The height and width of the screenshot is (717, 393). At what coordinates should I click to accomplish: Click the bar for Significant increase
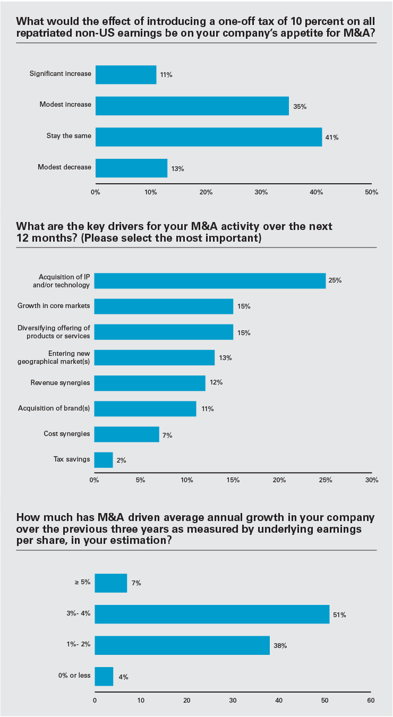click(126, 74)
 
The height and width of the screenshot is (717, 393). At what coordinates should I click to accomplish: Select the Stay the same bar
click(209, 136)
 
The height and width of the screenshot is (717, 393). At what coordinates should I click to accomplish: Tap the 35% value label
click(300, 106)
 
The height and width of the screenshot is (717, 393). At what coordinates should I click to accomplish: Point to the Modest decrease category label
click(64, 167)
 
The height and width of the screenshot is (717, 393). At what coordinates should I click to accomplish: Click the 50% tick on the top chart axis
click(372, 192)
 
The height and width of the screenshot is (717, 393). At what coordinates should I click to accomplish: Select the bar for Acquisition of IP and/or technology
click(210, 281)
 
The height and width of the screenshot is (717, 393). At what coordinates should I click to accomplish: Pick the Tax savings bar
click(104, 459)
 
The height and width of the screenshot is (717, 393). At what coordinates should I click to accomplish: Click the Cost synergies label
click(67, 434)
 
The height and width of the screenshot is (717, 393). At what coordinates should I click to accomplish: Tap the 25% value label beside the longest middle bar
click(335, 280)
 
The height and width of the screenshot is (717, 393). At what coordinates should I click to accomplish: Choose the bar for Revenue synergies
click(150, 383)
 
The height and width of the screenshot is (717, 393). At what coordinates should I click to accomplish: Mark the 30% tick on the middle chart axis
click(372, 480)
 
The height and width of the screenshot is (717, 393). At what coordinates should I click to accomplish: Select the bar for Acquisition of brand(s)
click(145, 408)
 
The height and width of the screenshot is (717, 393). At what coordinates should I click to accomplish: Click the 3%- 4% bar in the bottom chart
click(212, 614)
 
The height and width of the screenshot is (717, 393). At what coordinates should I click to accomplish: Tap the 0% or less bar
click(104, 676)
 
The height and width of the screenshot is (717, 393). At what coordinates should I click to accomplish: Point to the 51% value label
click(339, 615)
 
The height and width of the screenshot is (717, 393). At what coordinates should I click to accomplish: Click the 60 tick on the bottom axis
click(371, 701)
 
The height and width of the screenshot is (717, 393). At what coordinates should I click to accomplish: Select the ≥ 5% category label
click(82, 583)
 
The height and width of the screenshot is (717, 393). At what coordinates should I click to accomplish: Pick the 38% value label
click(280, 646)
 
